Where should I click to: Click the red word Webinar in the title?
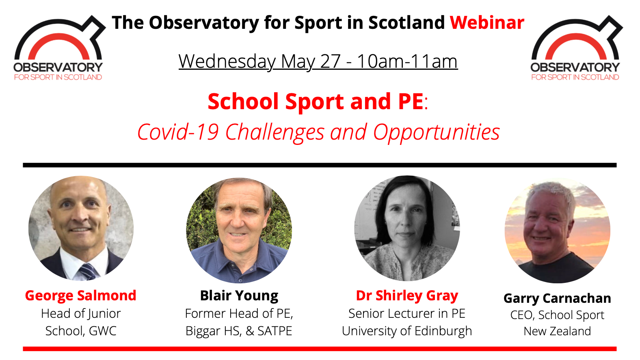click(487, 23)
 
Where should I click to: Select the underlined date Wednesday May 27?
click(259, 61)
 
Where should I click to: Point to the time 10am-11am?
click(407, 61)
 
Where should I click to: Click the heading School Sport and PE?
click(315, 101)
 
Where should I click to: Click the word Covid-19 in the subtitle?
click(178, 132)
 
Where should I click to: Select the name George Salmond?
click(80, 295)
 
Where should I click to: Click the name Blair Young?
click(239, 296)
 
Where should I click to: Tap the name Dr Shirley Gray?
click(407, 296)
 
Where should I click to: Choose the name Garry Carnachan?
click(557, 298)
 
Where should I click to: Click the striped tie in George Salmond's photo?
click(88, 272)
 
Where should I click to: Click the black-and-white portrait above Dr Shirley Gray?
click(407, 228)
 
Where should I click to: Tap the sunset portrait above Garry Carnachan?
click(558, 231)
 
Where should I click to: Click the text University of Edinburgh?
click(407, 331)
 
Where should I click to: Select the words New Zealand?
click(557, 331)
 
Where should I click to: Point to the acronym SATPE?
click(275, 331)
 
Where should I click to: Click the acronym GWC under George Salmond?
click(103, 331)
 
